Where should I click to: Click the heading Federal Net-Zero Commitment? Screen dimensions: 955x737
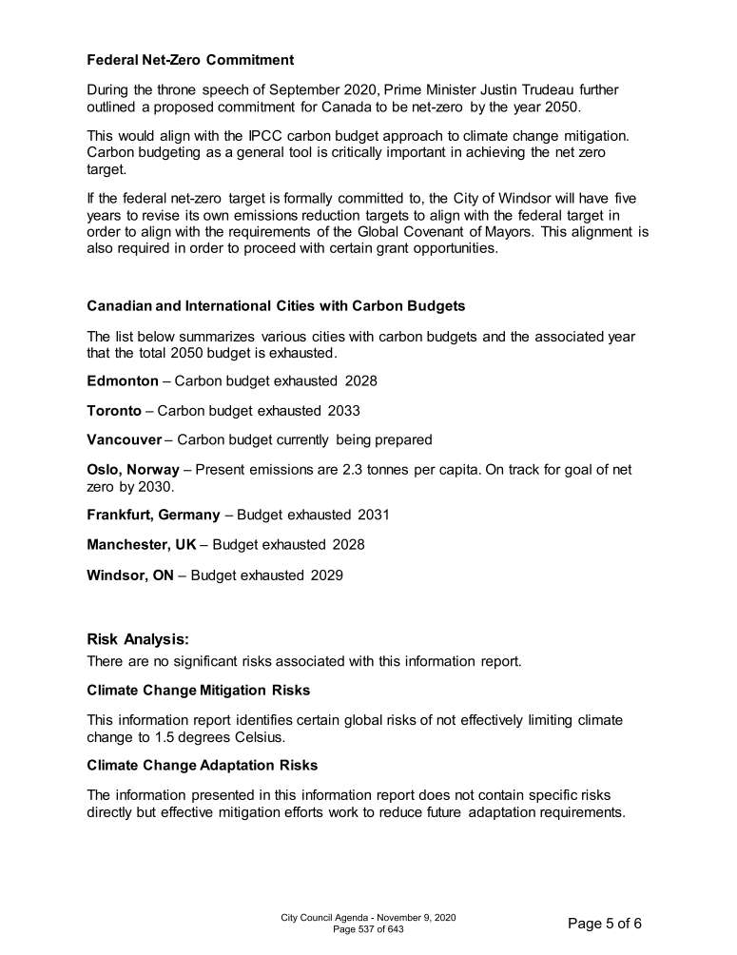tap(190, 60)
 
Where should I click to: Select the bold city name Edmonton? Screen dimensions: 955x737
tap(123, 380)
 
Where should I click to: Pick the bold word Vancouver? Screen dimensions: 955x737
tap(124, 440)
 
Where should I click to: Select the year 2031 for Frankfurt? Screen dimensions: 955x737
tap(374, 516)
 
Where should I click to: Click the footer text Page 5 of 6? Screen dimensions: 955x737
tap(605, 923)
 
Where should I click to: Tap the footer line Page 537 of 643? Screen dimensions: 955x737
tap(368, 929)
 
